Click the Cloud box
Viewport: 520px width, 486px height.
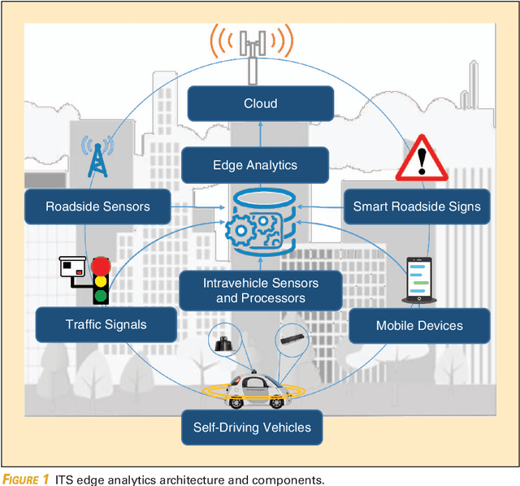pos(260,104)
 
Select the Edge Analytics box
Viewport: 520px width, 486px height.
pos(255,165)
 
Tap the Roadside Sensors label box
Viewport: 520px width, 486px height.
pos(97,206)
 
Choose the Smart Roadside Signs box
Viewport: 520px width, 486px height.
pos(416,206)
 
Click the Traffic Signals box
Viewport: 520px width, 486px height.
pos(106,324)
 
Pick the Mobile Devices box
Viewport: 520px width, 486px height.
pos(419,325)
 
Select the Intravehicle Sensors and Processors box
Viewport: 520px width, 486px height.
pos(261,290)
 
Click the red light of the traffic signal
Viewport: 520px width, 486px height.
pos(101,266)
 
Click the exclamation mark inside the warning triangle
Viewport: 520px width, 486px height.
pos(422,162)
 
